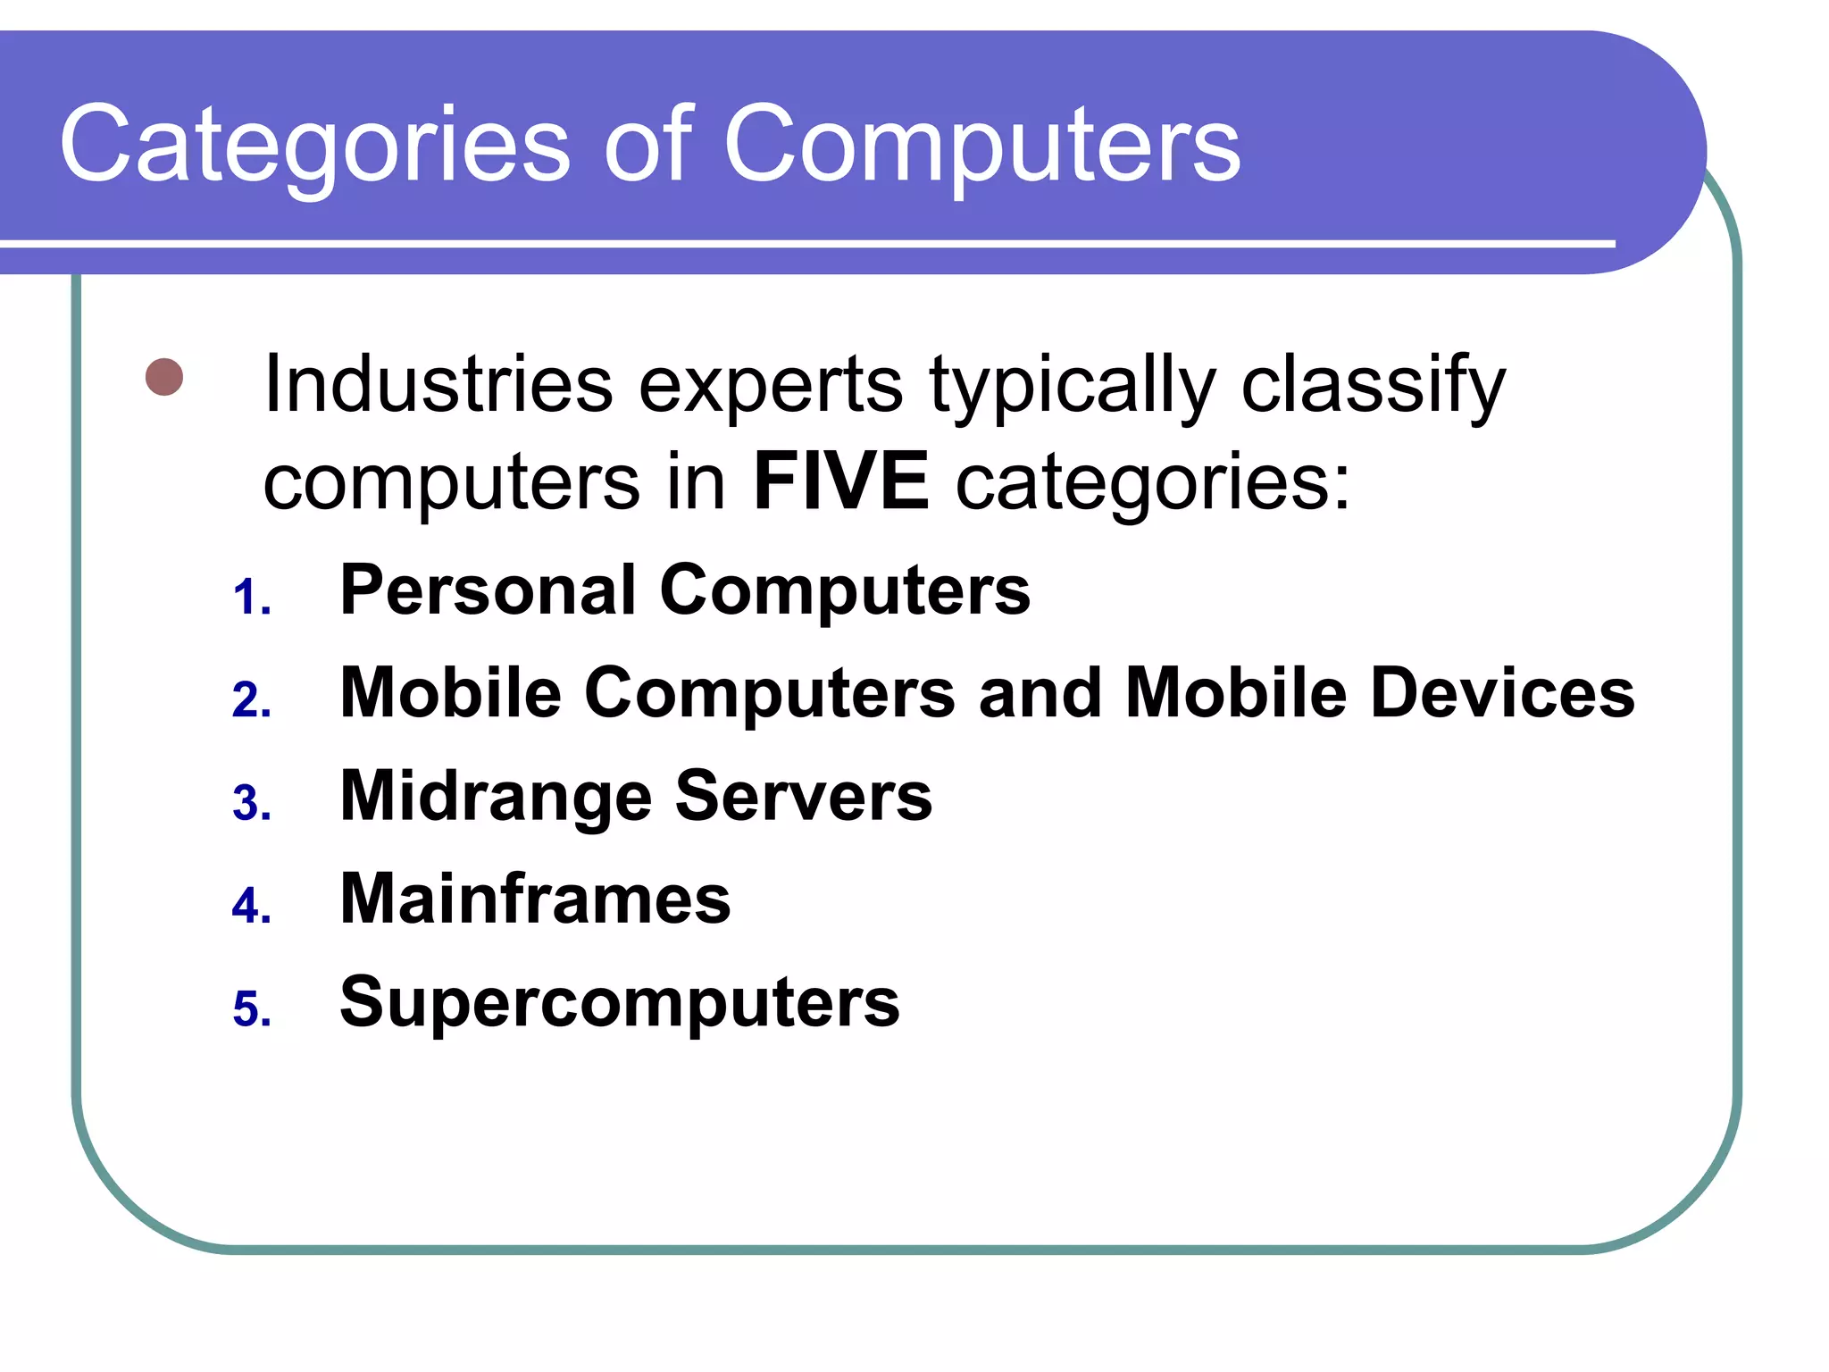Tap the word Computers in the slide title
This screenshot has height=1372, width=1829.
[981, 146]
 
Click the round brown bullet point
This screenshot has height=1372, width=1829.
[164, 377]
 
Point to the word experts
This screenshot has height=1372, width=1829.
[771, 386]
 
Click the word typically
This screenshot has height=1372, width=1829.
[1073, 386]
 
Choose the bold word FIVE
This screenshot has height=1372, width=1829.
[841, 482]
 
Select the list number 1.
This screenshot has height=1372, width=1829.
[251, 598]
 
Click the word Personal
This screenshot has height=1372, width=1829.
[488, 590]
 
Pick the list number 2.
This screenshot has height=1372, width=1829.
[251, 700]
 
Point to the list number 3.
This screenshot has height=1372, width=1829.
[251, 803]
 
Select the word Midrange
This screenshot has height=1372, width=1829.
[496, 798]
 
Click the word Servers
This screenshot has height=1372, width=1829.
[804, 796]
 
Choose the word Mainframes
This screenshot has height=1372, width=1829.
[535, 899]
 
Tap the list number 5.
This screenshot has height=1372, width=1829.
[251, 1009]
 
